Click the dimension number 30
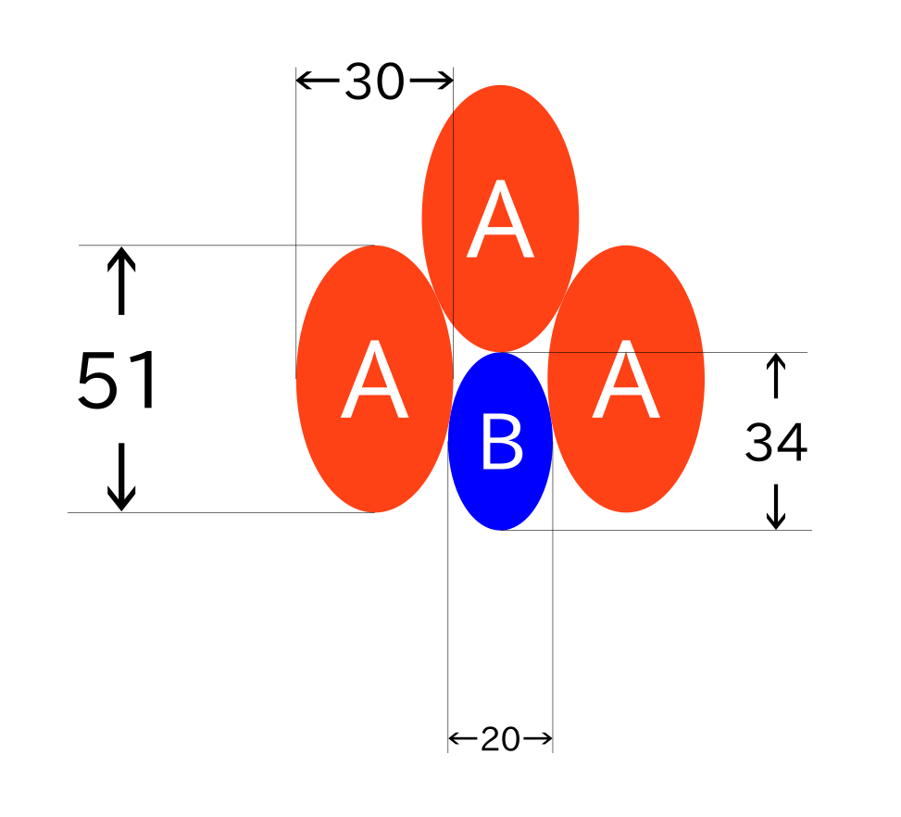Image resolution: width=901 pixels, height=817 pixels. [375, 82]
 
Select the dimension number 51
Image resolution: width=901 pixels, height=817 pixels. [118, 380]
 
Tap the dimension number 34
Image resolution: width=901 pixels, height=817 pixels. [776, 442]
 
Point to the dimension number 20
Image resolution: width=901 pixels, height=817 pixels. [500, 739]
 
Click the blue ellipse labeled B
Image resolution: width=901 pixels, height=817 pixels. [500, 441]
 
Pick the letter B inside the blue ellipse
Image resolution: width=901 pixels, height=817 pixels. [502, 442]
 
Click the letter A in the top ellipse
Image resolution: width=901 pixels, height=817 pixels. [500, 219]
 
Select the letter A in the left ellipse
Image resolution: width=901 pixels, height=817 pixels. [375, 379]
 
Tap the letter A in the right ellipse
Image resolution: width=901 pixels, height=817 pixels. [626, 379]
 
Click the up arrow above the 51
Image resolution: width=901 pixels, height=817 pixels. [121, 282]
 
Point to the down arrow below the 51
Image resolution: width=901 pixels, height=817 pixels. [121, 477]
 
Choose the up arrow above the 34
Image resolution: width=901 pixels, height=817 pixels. [776, 375]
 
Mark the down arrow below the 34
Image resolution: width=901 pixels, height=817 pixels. [776, 507]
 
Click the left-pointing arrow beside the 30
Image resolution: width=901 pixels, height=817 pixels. [318, 81]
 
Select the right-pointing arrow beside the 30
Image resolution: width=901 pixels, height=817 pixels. [432, 81]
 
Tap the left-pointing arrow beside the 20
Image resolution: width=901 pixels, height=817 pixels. [463, 738]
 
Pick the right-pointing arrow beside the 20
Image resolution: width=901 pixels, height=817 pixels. [538, 738]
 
